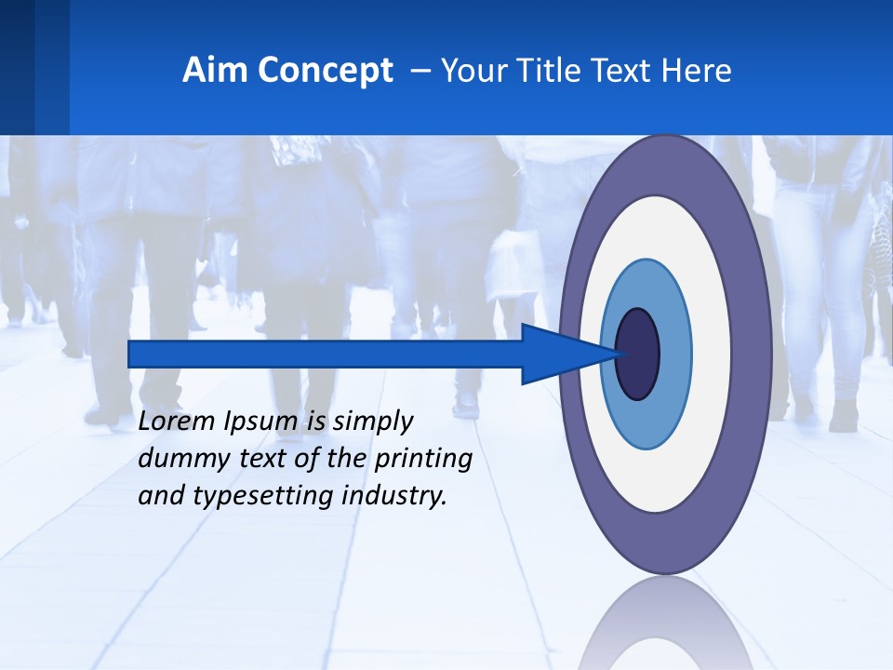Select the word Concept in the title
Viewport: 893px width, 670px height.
[325, 72]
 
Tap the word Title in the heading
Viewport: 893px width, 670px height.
[558, 71]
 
